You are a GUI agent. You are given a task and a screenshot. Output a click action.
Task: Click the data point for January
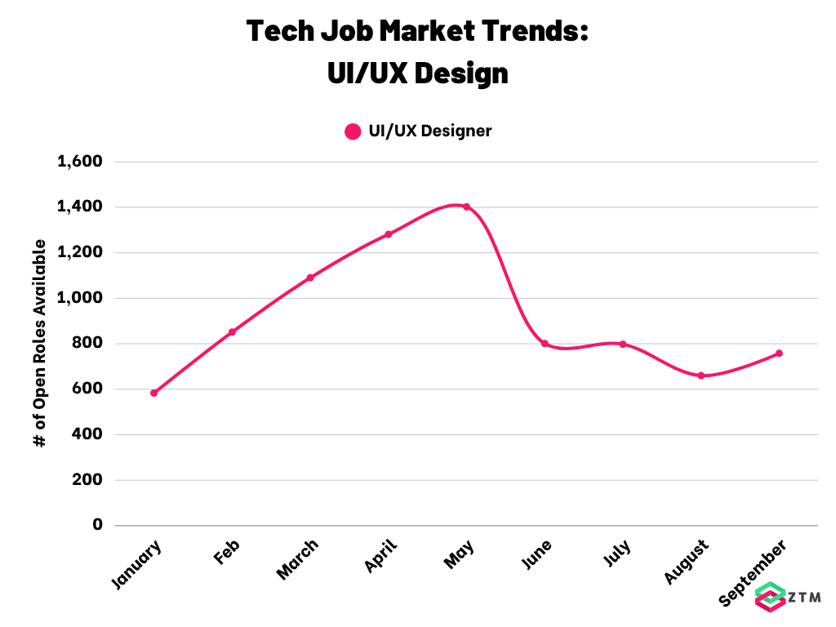click(154, 393)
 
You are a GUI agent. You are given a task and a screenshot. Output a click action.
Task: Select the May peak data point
click(466, 207)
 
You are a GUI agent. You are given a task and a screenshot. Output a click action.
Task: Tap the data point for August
click(701, 376)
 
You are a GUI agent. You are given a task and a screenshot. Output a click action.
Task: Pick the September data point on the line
click(779, 354)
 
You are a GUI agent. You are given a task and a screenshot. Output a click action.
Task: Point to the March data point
click(310, 278)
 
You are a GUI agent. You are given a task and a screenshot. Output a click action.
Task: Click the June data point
click(545, 344)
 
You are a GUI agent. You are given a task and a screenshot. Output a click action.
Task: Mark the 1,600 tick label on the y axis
click(80, 161)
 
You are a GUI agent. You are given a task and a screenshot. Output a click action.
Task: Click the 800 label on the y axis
click(87, 343)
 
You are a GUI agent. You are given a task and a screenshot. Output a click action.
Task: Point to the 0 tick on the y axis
click(97, 525)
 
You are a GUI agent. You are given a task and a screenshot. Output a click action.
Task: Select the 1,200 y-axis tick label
click(80, 252)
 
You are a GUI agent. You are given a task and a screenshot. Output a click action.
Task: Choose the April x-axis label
click(380, 555)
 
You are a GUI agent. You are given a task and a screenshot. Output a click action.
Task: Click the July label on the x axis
click(617, 553)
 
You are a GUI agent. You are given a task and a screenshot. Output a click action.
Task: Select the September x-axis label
click(752, 572)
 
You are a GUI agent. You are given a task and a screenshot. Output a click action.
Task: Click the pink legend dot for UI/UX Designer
click(353, 131)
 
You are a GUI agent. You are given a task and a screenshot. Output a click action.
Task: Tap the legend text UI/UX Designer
click(430, 131)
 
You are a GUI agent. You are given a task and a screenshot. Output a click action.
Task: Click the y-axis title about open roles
click(40, 343)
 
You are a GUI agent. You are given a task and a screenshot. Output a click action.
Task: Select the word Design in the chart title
click(461, 73)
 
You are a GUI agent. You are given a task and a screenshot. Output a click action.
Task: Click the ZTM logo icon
click(771, 597)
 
